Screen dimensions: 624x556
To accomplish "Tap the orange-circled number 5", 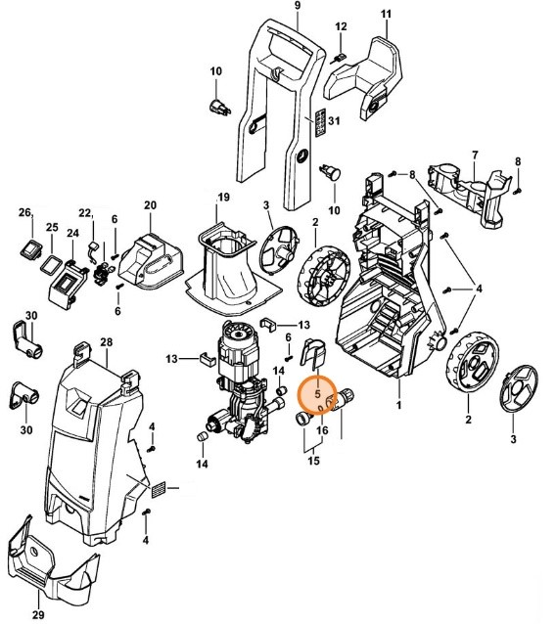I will (317, 397).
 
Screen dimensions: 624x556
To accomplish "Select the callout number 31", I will (333, 120).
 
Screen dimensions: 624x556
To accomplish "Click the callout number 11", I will (386, 14).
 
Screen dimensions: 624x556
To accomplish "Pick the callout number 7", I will (474, 155).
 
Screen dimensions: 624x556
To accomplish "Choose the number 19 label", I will (223, 198).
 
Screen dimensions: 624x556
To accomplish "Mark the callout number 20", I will (150, 205).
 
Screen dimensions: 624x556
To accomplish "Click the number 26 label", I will (26, 211).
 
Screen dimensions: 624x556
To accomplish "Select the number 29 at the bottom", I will (38, 614).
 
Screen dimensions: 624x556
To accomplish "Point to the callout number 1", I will (398, 404).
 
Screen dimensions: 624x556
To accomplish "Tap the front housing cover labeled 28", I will (93, 440).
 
